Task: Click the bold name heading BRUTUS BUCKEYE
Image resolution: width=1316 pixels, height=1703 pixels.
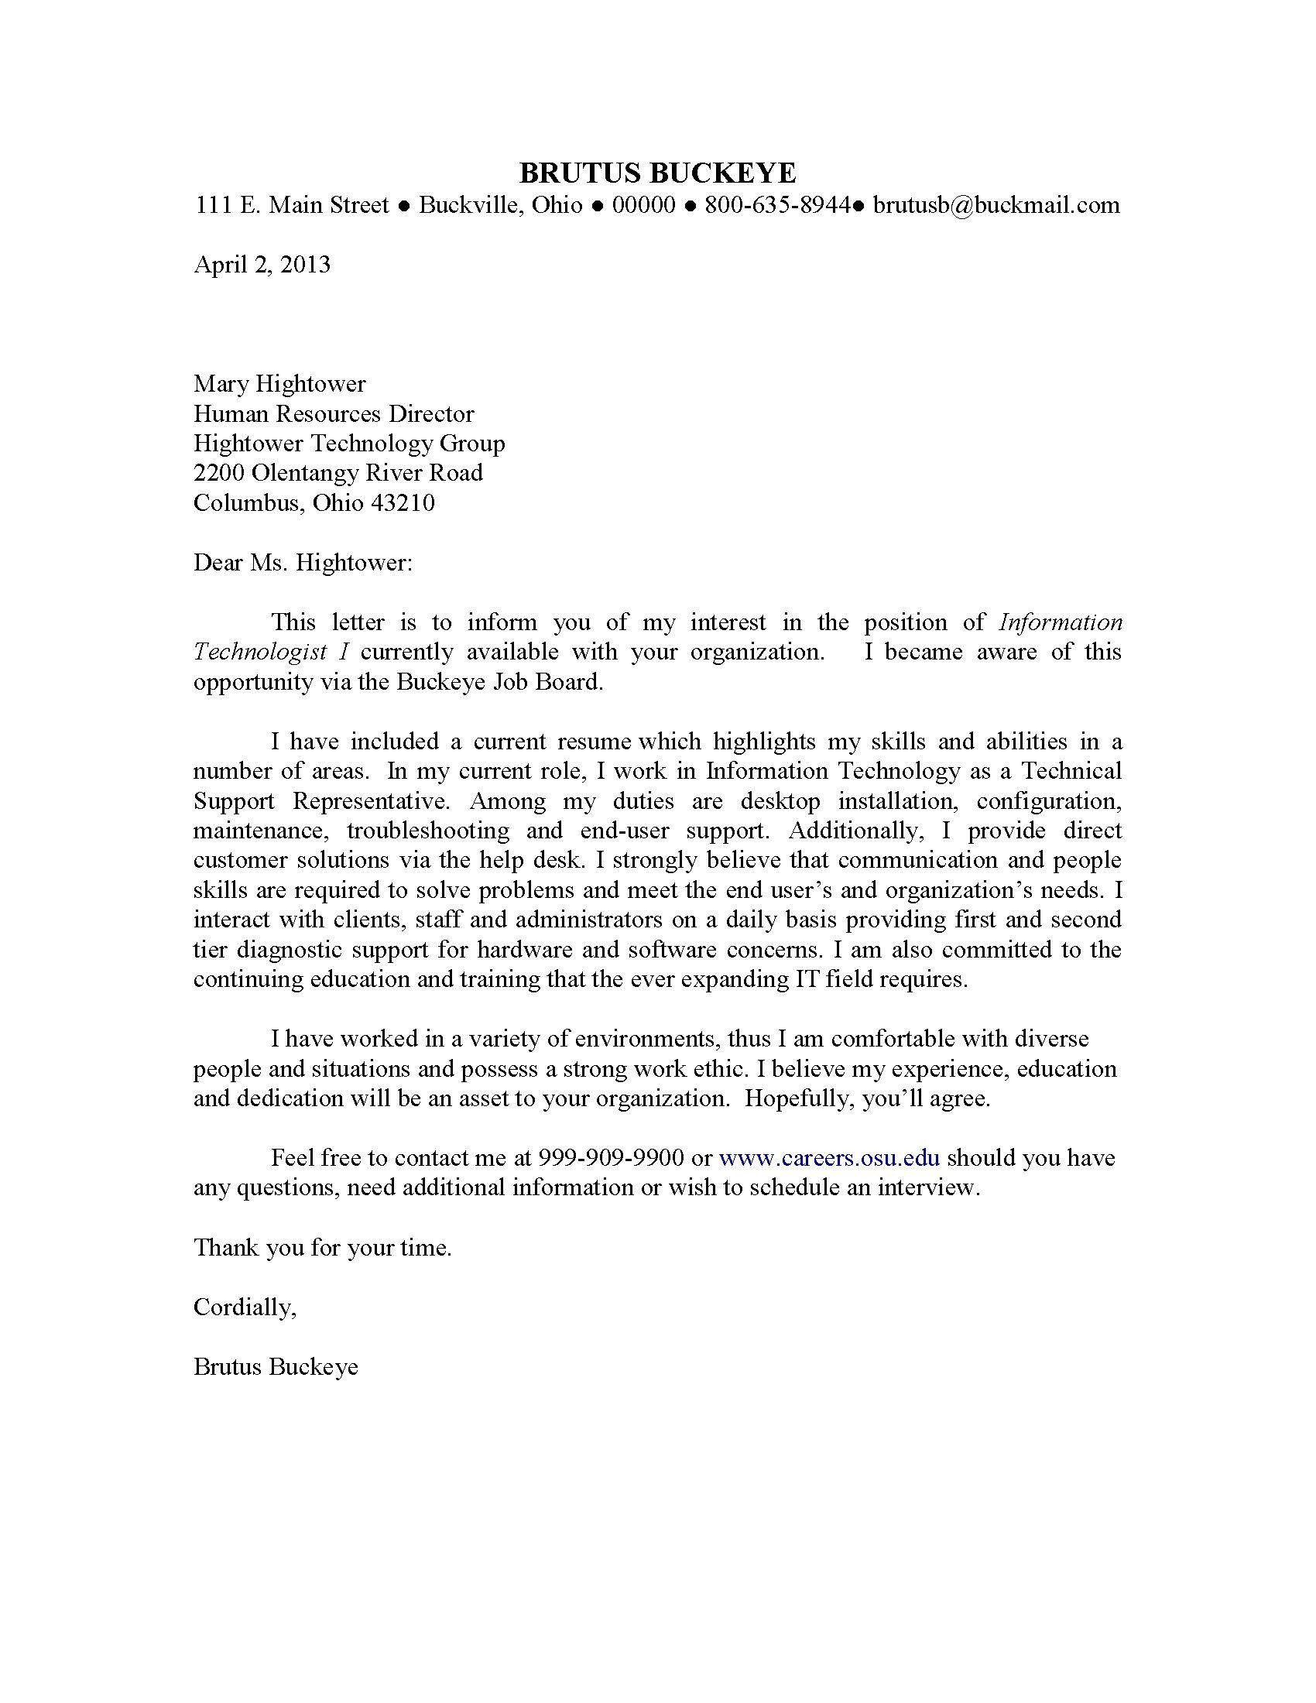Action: click(657, 173)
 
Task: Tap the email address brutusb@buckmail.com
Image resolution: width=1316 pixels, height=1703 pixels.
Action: click(996, 205)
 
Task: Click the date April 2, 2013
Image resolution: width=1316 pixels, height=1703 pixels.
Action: click(262, 264)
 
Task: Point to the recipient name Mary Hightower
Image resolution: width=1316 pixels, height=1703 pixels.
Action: click(279, 384)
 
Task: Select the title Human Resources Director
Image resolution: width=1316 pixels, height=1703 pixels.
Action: click(334, 413)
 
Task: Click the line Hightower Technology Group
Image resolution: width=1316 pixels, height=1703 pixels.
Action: click(349, 443)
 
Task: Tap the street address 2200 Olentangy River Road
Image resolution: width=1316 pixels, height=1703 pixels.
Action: click(338, 472)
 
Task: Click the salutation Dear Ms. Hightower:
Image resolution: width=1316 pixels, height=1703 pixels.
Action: click(303, 562)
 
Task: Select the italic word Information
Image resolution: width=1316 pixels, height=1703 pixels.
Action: click(1061, 622)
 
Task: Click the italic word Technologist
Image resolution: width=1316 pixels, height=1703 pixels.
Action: click(259, 652)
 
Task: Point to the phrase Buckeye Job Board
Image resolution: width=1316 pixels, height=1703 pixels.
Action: click(499, 681)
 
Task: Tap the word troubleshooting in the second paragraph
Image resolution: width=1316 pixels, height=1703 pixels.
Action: click(428, 831)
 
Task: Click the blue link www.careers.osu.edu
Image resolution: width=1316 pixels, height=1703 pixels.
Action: click(829, 1158)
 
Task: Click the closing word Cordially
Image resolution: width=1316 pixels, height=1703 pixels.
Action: click(244, 1307)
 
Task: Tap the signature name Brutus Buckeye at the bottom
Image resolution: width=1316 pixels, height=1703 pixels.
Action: click(276, 1367)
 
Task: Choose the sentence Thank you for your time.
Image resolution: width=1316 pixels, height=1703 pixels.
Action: click(323, 1248)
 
